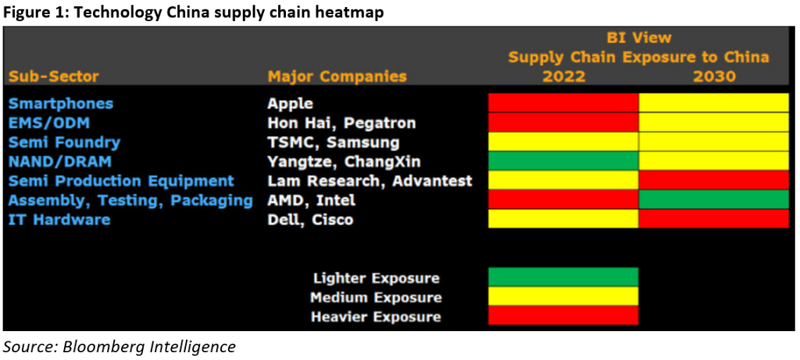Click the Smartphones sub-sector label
coord(61,103)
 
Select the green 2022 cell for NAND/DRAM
coord(563,161)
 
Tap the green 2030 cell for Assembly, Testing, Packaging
coord(714,200)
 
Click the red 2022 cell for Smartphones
coord(563,103)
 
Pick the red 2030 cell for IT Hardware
coord(714,219)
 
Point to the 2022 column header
coord(562,77)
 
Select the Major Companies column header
coord(337,77)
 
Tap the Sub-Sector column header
coord(54,77)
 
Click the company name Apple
coord(290,103)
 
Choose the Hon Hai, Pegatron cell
coord(341,123)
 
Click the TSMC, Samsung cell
coord(334,142)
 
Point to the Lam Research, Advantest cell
coord(370,180)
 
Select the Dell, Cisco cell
coord(310,219)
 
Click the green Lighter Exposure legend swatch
coord(563,278)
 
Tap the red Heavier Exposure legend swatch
coord(563,316)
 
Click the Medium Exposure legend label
coord(376,298)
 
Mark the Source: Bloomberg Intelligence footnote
coord(119,346)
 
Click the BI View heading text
coord(639,37)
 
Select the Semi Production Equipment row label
coord(121,180)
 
